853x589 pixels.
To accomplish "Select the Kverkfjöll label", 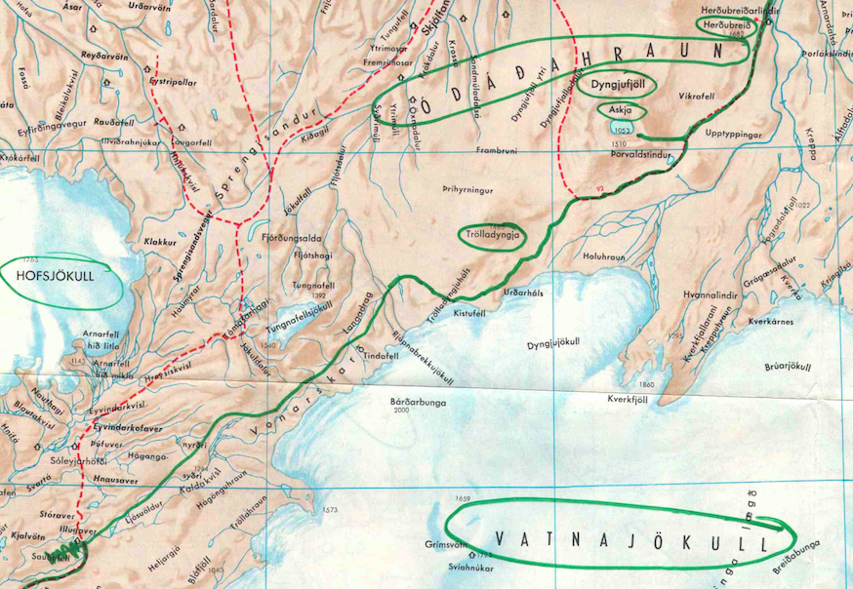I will pos(629,399).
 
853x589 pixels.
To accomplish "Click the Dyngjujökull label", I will pos(554,343).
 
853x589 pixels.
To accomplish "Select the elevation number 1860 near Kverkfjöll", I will pos(646,384).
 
